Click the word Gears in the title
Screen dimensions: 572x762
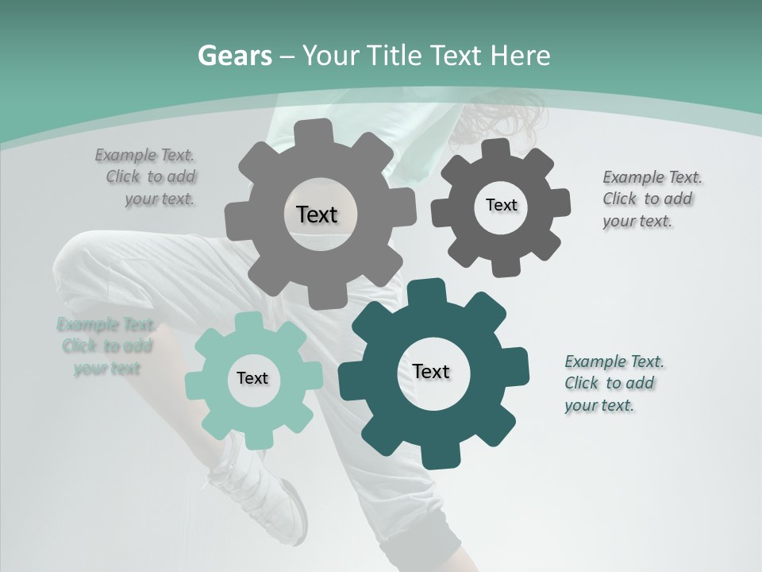click(234, 56)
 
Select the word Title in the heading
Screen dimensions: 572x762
click(396, 56)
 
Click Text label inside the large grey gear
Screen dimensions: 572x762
click(317, 214)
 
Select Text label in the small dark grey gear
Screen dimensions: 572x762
click(501, 205)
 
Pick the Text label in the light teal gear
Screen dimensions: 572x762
click(252, 378)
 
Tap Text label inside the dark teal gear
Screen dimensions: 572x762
click(431, 371)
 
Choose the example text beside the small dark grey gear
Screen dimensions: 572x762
click(651, 199)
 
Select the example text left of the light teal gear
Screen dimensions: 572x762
click(106, 346)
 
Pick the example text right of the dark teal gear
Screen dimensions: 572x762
click(613, 383)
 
